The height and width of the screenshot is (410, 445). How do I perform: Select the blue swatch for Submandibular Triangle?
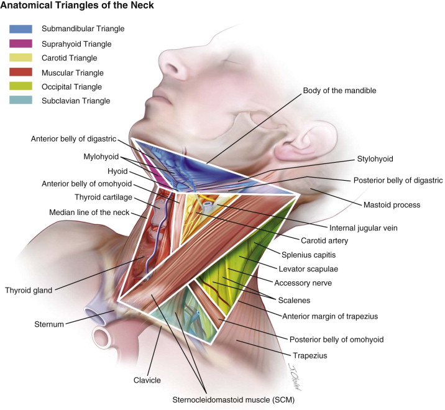tap(21, 29)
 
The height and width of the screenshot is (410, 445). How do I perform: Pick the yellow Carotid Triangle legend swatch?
tap(21, 58)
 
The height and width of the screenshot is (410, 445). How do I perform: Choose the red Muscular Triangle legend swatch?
tap(21, 72)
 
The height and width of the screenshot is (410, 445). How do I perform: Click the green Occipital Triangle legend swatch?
tap(21, 86)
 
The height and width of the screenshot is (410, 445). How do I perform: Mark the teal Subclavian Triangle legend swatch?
tap(21, 101)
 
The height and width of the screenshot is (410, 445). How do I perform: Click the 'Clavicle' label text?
tap(147, 380)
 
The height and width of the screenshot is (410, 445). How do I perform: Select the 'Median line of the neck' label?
tap(94, 212)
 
